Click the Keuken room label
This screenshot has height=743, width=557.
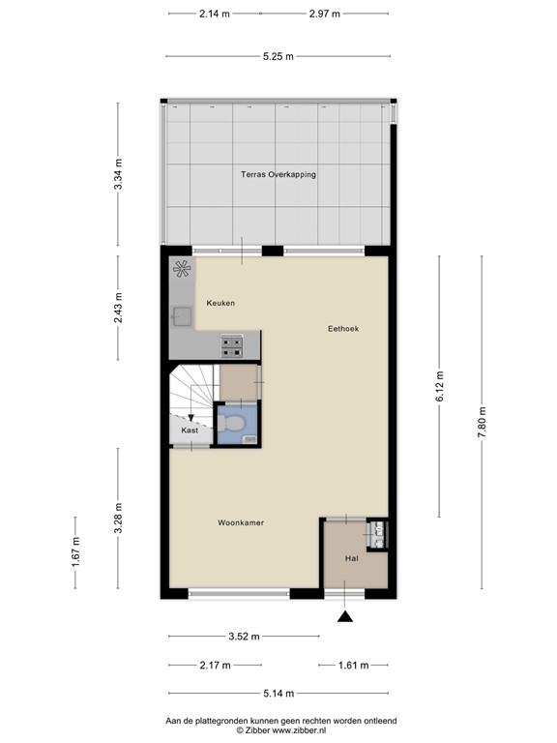click(220, 303)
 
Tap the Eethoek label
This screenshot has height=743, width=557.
click(342, 329)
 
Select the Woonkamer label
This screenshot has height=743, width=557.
click(241, 522)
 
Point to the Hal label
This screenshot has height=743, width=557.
click(353, 558)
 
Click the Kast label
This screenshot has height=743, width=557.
click(190, 430)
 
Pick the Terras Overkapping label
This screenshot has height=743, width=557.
click(278, 174)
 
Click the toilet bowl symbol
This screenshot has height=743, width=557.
click(230, 422)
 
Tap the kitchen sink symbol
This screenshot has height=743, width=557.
click(181, 314)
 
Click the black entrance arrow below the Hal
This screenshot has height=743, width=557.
click(345, 615)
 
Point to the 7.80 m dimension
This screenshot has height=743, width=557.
click(483, 421)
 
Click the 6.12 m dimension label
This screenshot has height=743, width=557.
click(439, 386)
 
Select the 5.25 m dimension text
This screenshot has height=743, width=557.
click(278, 56)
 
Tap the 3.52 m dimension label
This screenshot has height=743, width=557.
click(244, 636)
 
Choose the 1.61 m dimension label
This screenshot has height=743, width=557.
click(353, 665)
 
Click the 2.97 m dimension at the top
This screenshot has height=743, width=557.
click(324, 14)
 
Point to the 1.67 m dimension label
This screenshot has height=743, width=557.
click(75, 552)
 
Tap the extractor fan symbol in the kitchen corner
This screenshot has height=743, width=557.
click(181, 270)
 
